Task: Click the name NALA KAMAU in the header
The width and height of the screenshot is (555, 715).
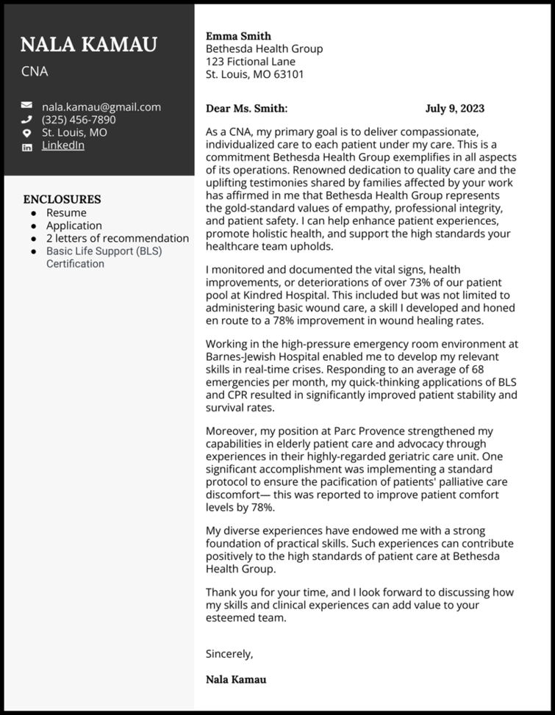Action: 88,45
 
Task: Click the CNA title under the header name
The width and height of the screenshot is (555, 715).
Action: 34,72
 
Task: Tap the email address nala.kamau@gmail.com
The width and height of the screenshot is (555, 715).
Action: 101,107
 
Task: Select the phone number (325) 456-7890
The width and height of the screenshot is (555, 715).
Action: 78,120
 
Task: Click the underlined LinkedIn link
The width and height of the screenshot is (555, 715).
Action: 62,145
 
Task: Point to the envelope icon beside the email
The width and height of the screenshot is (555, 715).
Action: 27,107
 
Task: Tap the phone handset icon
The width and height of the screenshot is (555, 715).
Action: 27,120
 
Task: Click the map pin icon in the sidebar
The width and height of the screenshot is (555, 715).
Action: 27,133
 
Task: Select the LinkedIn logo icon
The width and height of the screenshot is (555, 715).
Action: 27,146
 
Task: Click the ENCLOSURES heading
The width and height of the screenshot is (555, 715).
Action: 62,199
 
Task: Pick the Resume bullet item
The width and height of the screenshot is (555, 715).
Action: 66,213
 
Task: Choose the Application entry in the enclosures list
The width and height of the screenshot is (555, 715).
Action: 74,226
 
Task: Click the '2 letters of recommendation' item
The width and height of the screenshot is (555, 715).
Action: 118,238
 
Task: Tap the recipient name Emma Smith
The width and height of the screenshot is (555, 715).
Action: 238,36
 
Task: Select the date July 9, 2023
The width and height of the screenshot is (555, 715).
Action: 454,109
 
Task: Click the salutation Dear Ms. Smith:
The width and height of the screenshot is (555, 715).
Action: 246,109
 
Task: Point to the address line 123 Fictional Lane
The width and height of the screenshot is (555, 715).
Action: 251,62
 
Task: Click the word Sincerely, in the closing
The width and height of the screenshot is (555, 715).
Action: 229,653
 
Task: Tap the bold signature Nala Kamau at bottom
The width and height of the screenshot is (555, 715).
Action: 236,679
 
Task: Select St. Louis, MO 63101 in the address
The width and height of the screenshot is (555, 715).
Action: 254,74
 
